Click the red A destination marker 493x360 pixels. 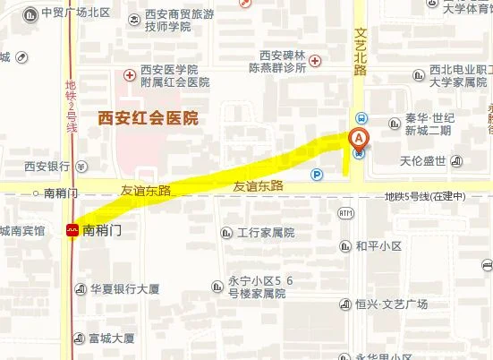[358, 139]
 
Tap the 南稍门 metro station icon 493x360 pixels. [72, 230]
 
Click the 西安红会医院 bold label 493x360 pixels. [148, 117]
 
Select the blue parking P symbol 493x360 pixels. [317, 174]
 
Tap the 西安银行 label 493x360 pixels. [47, 166]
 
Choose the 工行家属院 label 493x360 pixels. [266, 233]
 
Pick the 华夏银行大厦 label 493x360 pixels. [124, 289]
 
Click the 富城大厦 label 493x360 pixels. [111, 339]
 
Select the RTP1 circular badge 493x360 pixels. [346, 212]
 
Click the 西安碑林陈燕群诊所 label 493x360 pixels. [283, 61]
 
